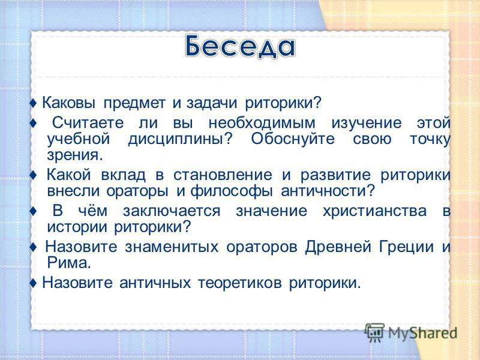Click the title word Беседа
coord(241,47)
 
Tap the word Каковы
coord(68,103)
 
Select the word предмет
coord(134,103)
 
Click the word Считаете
coord(88,123)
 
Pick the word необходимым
coord(262,123)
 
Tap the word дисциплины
coord(181,140)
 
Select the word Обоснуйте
coord(293,139)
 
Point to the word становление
coord(223,175)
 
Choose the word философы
coord(232,191)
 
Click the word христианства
coord(374,211)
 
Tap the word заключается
coord(172,211)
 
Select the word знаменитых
coord(172,247)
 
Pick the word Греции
coord(407,247)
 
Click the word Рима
coord(69,263)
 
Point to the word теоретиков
coord(239,283)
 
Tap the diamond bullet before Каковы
coord(34,103)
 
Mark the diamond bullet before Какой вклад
coord(34,175)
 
